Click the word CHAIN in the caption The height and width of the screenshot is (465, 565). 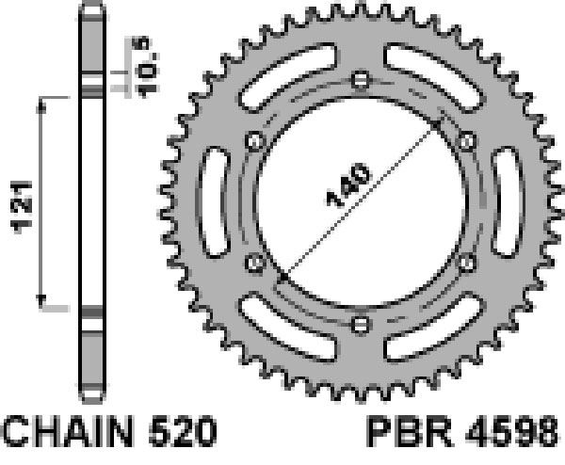pyautogui.click(x=68, y=431)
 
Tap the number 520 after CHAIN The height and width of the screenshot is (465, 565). pyautogui.click(x=183, y=431)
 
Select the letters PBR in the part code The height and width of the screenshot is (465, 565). pyautogui.click(x=410, y=431)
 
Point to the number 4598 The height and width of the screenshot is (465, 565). pyautogui.click(x=511, y=431)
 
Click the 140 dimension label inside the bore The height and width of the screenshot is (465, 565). pyautogui.click(x=348, y=185)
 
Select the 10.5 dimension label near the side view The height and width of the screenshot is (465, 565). pyautogui.click(x=145, y=67)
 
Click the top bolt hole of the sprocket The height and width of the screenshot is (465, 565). pyautogui.click(x=361, y=79)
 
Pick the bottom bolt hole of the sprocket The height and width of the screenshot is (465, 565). pyautogui.click(x=361, y=325)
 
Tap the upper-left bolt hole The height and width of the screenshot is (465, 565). pyautogui.click(x=254, y=141)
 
